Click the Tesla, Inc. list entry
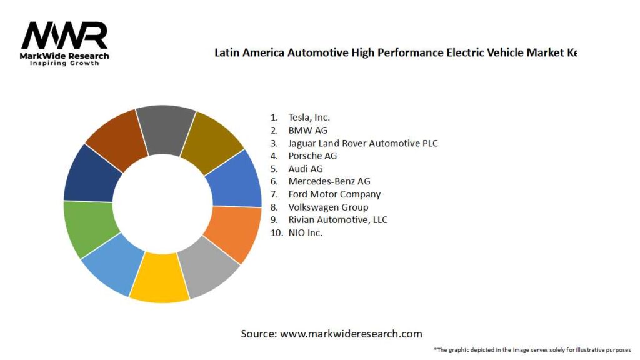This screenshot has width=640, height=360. click(309, 117)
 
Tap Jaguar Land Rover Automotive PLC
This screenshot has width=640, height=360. click(362, 143)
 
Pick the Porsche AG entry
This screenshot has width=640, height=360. click(312, 156)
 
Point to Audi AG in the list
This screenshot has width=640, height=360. click(306, 169)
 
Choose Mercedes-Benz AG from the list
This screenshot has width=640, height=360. click(329, 181)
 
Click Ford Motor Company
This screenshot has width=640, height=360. click(334, 194)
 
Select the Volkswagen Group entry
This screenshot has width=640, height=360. click(328, 207)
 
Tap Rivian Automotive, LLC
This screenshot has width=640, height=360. click(337, 220)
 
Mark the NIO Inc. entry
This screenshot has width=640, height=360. click(305, 232)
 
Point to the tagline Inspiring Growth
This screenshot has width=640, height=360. click(64, 63)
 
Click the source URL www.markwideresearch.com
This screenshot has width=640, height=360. click(351, 334)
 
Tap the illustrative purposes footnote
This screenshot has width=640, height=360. click(532, 349)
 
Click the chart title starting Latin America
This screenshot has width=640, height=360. click(395, 52)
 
